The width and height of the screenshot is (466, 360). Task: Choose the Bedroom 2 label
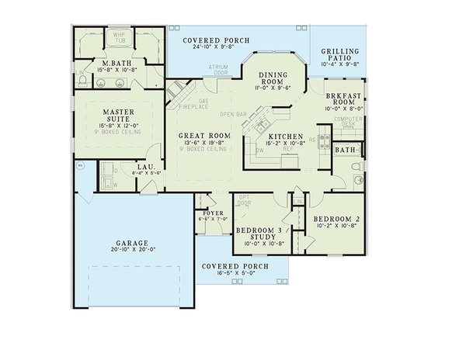337,220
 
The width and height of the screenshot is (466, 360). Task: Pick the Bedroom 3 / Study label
262,235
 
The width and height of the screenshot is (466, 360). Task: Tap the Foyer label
213,212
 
